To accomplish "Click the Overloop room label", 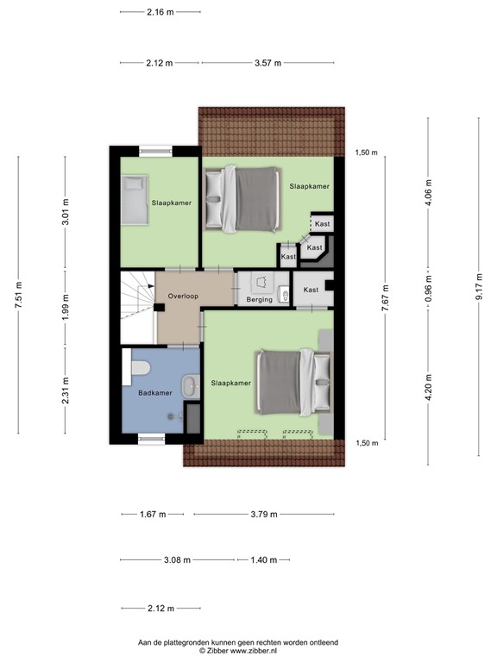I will click(x=183, y=296).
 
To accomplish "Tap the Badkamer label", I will click(x=155, y=393).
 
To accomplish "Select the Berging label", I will click(x=260, y=300).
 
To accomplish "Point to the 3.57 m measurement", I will click(x=269, y=63).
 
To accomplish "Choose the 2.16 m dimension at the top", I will click(x=160, y=12).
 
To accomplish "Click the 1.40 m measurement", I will click(x=263, y=559).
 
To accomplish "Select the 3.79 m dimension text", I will click(x=263, y=515).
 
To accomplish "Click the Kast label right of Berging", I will click(x=311, y=290).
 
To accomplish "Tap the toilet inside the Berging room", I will click(x=284, y=298).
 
